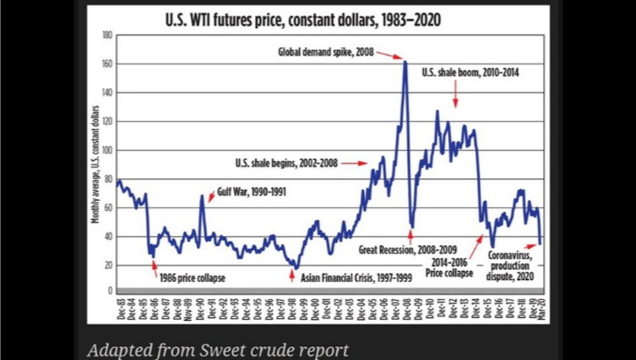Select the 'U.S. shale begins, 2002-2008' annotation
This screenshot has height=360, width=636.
click(301, 164)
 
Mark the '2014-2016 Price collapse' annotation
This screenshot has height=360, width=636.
click(453, 265)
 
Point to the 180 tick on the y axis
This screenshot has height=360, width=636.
click(106, 35)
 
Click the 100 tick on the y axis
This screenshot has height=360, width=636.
click(106, 150)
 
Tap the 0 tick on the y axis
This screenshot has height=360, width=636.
click(109, 294)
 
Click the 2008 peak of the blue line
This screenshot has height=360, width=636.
click(404, 62)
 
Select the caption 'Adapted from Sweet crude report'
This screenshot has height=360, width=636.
click(217, 348)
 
